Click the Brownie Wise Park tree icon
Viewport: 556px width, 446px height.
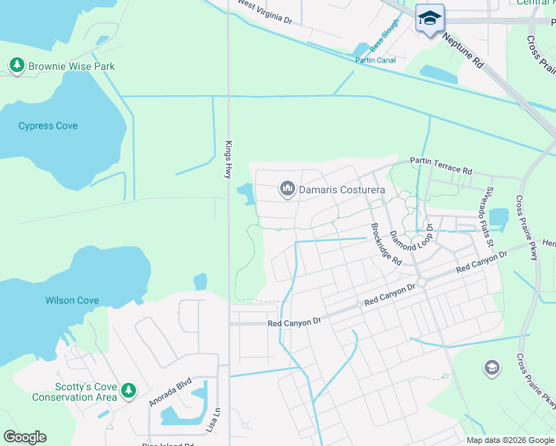pos(16,66)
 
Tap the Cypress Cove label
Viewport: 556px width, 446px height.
pos(48,126)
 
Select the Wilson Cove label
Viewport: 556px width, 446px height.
pos(72,300)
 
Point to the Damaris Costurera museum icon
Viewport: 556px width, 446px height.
pos(288,190)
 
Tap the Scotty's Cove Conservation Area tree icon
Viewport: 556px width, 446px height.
pos(129,390)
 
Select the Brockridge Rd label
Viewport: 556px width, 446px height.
pos(387,245)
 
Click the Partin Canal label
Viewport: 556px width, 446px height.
pos(375,60)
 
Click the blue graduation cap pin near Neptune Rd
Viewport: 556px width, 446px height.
pos(430,18)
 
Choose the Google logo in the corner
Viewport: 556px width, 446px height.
pos(25,437)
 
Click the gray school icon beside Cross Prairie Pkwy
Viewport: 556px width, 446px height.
pos(491,367)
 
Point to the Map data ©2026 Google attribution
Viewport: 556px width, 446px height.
pos(511,440)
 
